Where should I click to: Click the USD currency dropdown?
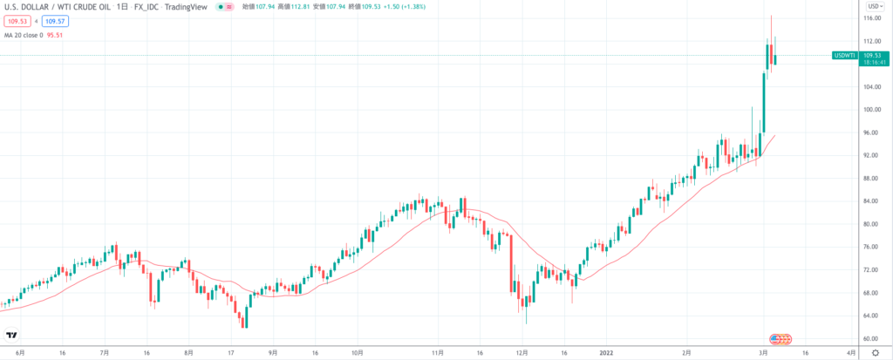[x=871, y=6]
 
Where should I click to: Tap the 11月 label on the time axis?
[x=438, y=353]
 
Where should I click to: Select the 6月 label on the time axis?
[x=20, y=353]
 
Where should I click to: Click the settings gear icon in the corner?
[x=875, y=353]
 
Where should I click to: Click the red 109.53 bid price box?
[x=16, y=20]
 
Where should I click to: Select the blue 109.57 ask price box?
[x=57, y=20]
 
